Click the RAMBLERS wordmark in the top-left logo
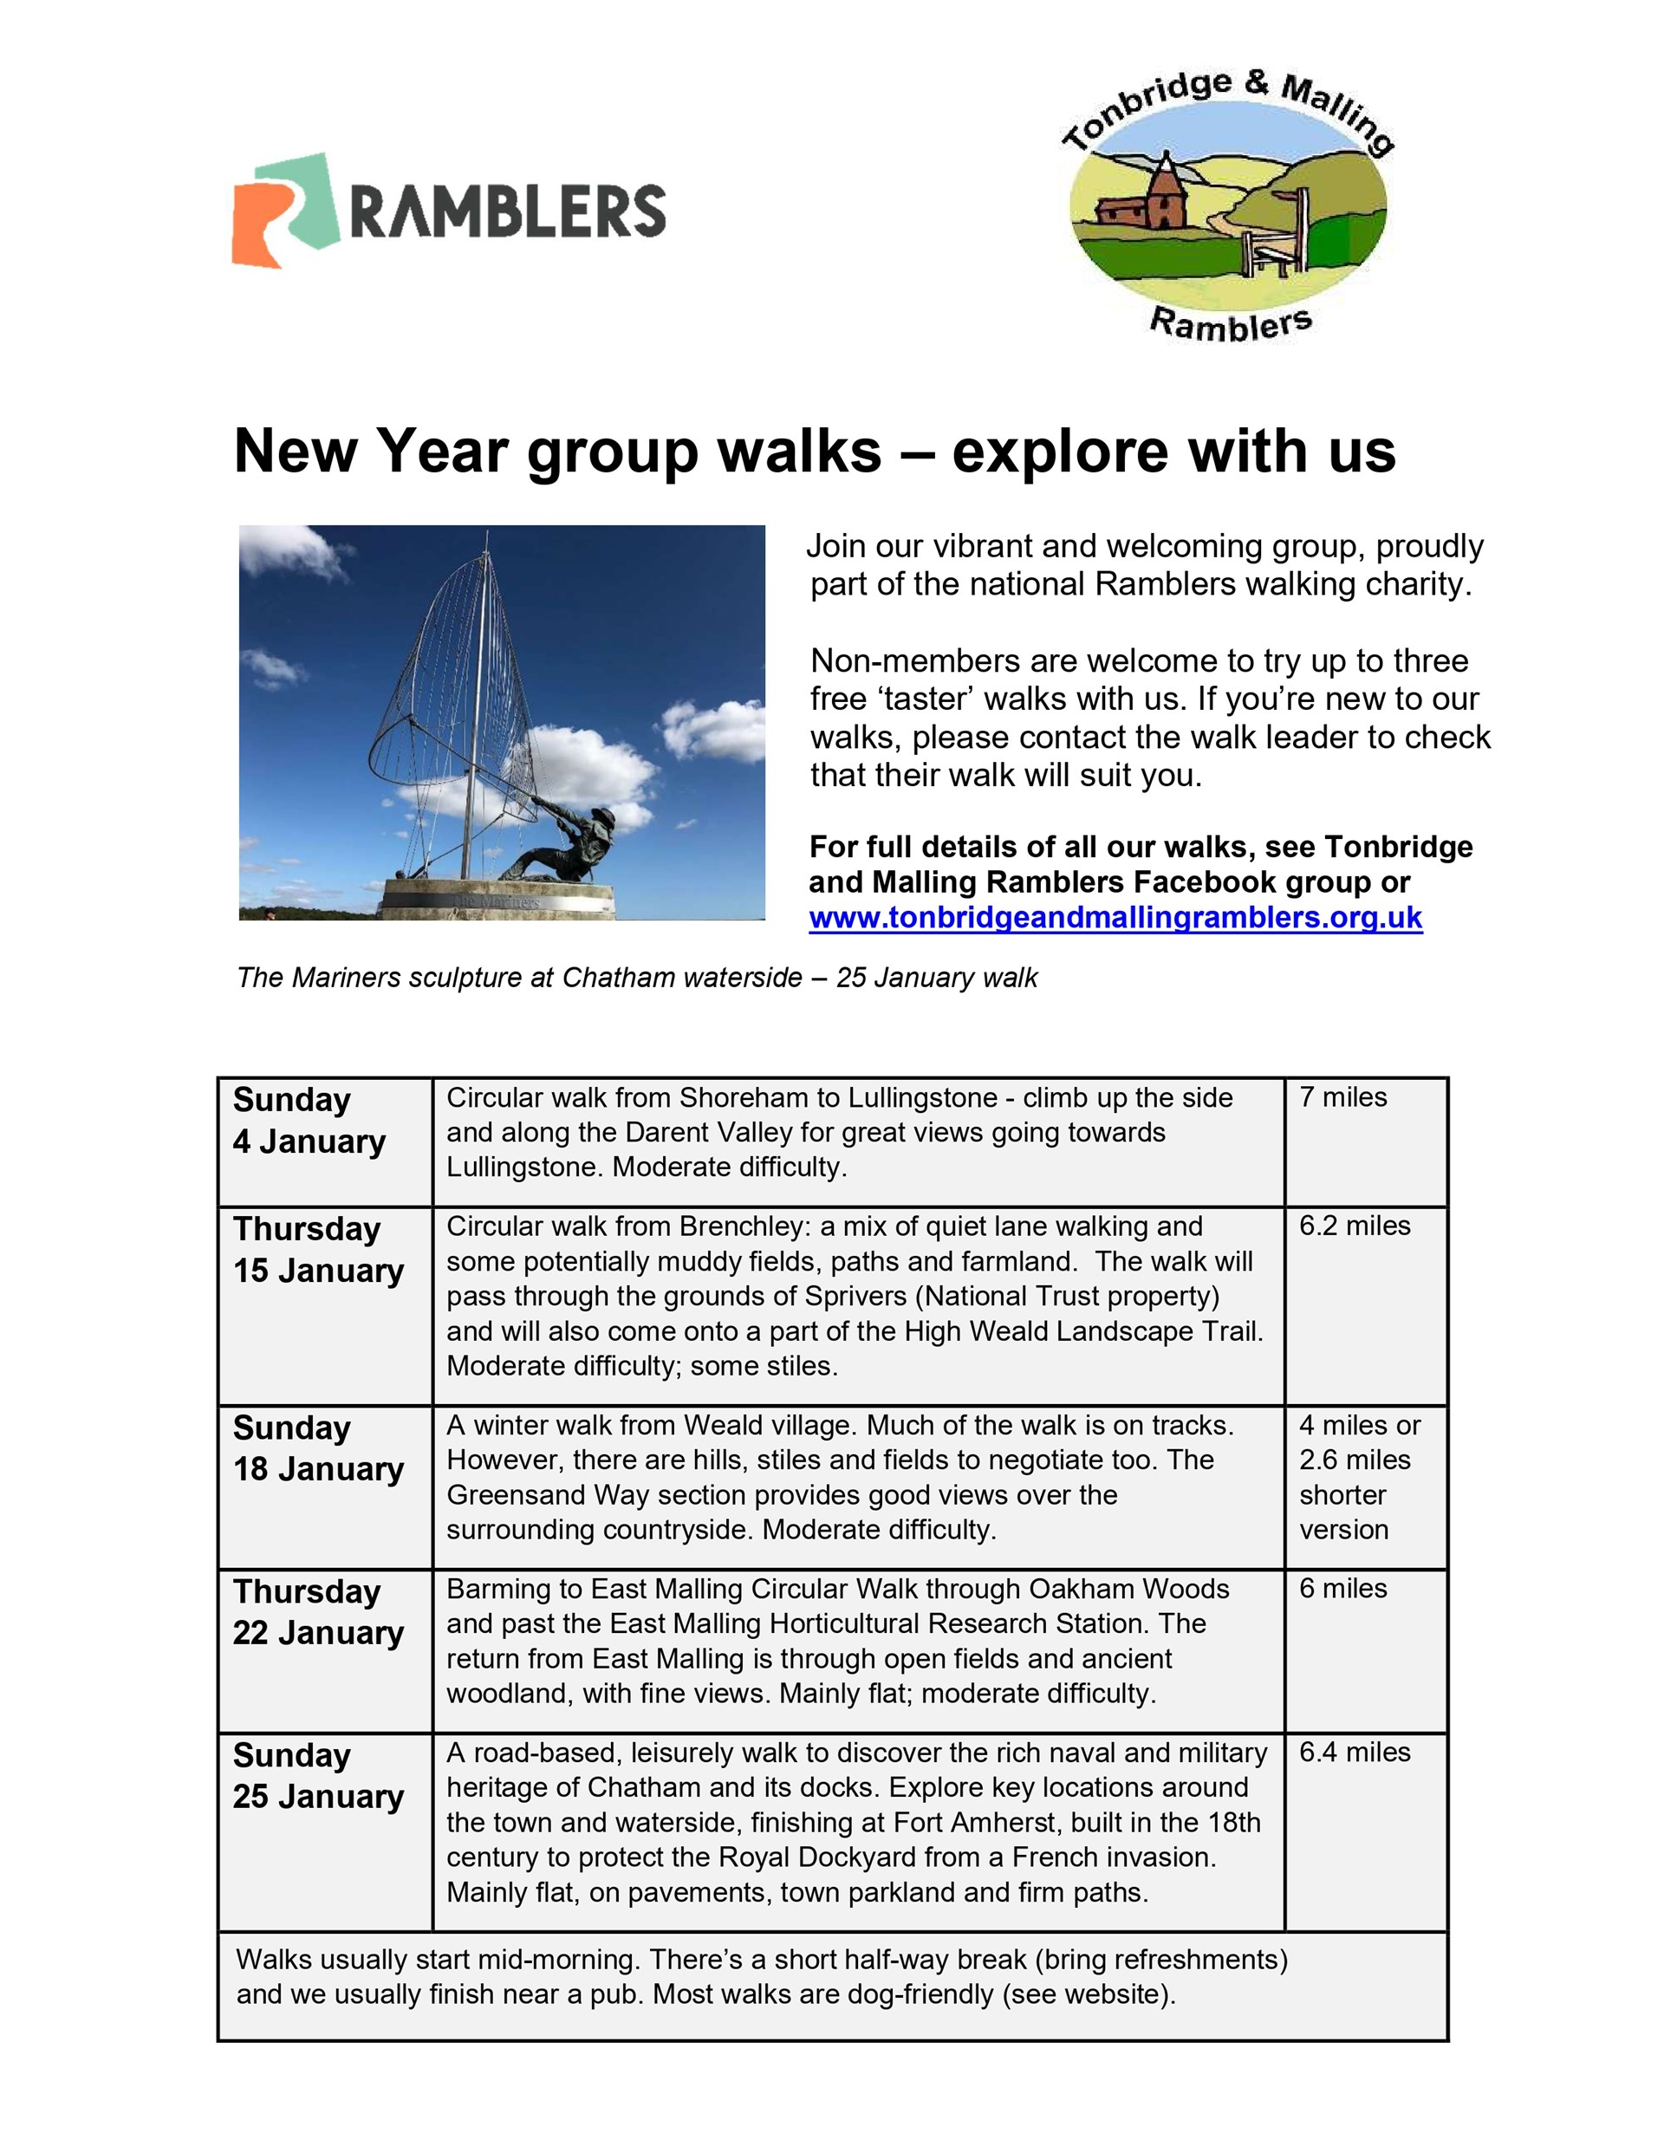coord(508,210)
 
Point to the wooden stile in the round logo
coord(1271,237)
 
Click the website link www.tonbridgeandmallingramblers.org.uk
coord(1115,918)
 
